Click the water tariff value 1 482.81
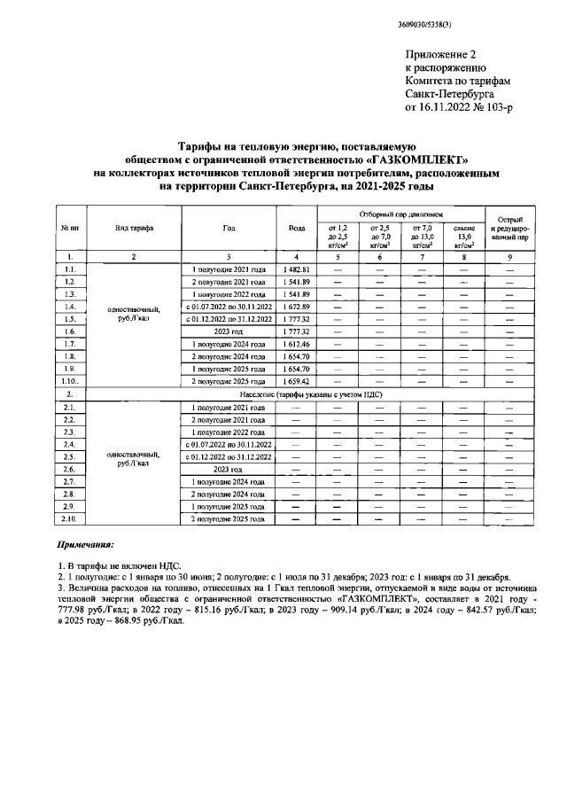click(297, 269)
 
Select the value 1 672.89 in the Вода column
click(297, 306)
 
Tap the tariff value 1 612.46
click(297, 343)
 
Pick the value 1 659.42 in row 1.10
click(297, 380)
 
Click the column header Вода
click(297, 228)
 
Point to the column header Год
click(229, 228)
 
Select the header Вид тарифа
click(134, 228)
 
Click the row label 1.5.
click(70, 318)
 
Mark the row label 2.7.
click(70, 480)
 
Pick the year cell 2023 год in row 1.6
click(229, 331)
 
